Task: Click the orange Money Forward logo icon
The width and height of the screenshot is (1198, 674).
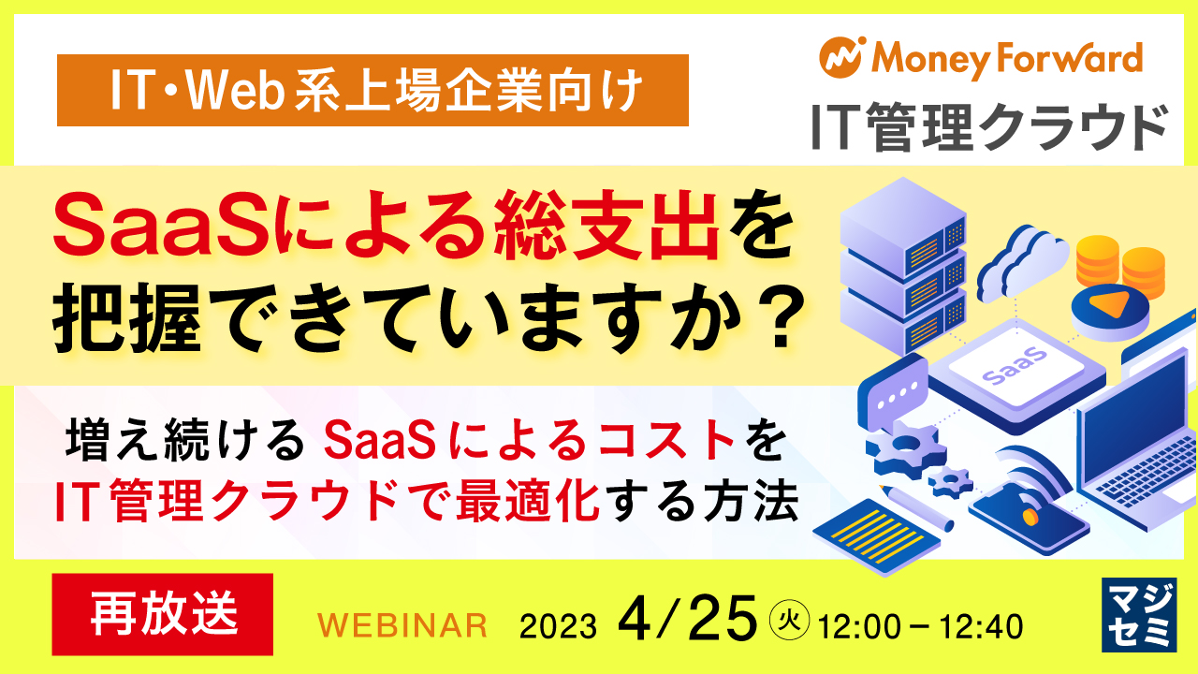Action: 840,57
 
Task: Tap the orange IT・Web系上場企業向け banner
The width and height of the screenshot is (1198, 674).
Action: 373,90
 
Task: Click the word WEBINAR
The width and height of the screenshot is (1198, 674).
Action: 403,624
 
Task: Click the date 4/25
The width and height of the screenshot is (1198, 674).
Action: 687,618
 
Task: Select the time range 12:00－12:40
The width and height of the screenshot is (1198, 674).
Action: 920,624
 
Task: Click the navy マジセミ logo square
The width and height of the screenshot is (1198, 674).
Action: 1137,613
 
